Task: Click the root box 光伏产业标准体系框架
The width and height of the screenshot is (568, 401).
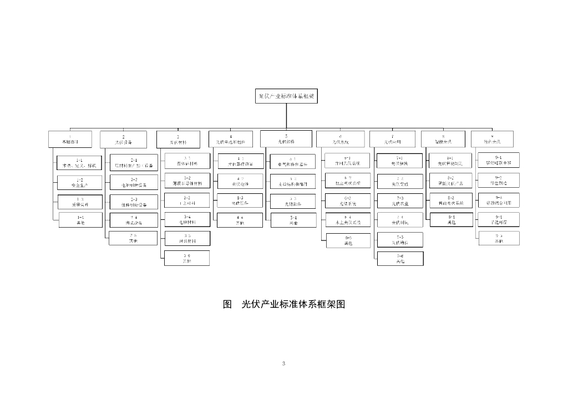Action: point(287,96)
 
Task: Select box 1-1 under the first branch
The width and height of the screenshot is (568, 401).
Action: point(79,163)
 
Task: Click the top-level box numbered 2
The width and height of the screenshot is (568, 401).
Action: point(123,139)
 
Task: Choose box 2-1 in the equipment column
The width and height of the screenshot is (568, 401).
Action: point(134,163)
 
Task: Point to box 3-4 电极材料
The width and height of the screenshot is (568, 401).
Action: point(187,219)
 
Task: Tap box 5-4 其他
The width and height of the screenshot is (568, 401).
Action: point(293,220)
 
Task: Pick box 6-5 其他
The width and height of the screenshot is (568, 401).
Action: point(348,240)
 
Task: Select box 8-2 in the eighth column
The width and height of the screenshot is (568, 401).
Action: point(450,181)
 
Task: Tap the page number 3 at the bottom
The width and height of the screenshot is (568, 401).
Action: point(283,363)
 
